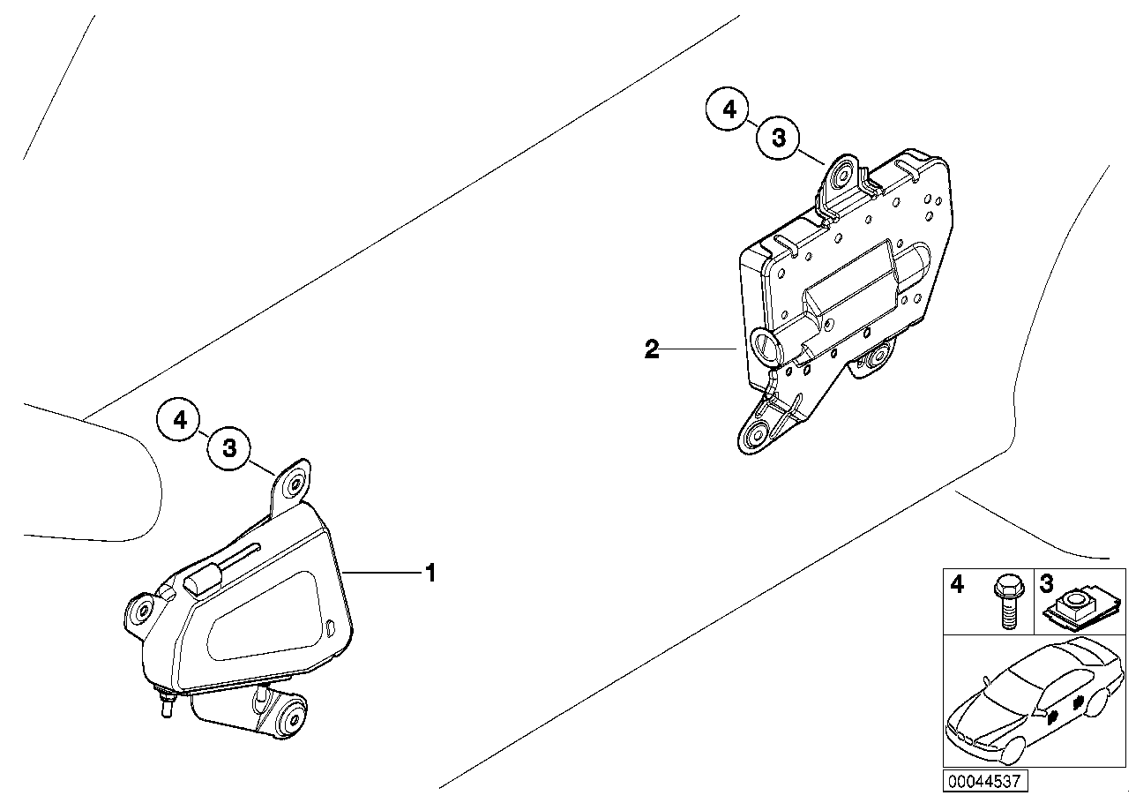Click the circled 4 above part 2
tap(729, 109)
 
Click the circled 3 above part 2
tap(778, 138)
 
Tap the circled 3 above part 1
tap(229, 448)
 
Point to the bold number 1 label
tap(430, 574)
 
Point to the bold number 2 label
tap(652, 349)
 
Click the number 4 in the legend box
tap(956, 584)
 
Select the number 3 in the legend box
tap(1046, 584)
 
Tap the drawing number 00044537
tap(985, 782)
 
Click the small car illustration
tap(1033, 698)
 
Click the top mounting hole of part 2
tap(842, 176)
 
